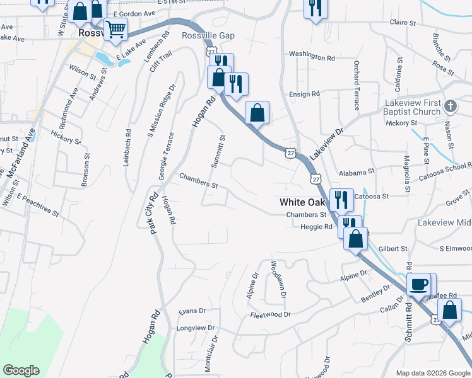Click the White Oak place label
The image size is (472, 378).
click(303, 202)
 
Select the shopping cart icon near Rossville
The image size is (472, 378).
click(115, 29)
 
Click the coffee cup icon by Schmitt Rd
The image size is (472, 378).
click(418, 285)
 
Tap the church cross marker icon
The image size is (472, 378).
click(450, 106)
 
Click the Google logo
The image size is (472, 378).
click(21, 370)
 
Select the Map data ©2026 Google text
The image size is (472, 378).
click(432, 372)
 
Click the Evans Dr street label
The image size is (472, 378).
click(192, 311)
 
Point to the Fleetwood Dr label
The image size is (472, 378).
click(269, 314)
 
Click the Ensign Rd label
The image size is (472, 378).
click(304, 94)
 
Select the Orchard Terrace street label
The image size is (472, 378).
click(357, 85)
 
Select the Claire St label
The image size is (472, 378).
click(403, 22)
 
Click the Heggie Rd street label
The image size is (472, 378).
click(317, 227)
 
